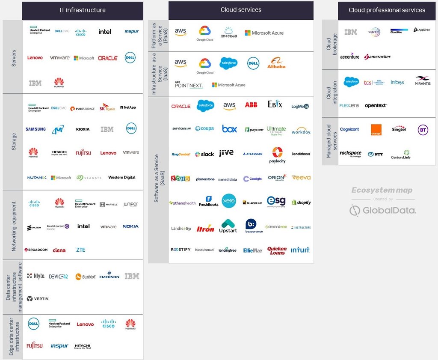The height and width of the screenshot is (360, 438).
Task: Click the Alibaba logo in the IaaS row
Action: pyautogui.click(x=276, y=63)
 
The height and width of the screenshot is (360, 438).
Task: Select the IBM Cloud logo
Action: pyautogui.click(x=229, y=33)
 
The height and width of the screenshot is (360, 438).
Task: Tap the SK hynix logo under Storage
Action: pyautogui.click(x=107, y=108)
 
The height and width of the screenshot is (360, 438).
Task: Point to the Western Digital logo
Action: pyautogui.click(x=122, y=177)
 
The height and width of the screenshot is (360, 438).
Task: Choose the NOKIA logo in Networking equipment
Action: pyautogui.click(x=130, y=226)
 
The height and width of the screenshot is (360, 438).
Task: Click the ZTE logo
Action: pyautogui.click(x=81, y=250)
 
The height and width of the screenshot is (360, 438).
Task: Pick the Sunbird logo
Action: pyautogui.click(x=86, y=277)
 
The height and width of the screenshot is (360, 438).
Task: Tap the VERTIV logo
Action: pyautogui.click(x=38, y=299)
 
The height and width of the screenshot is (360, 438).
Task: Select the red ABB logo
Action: pyautogui.click(x=251, y=104)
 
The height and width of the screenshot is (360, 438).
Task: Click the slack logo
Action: pyautogui.click(x=204, y=154)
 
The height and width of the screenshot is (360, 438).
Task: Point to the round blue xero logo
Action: pyautogui.click(x=229, y=201)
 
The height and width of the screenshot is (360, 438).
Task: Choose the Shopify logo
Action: pyautogui.click(x=301, y=202)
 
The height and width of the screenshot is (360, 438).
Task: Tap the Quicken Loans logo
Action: pyautogui.click(x=277, y=250)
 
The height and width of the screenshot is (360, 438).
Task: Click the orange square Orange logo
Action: pyautogui.click(x=376, y=130)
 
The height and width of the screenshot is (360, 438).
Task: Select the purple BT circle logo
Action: pyautogui.click(x=423, y=130)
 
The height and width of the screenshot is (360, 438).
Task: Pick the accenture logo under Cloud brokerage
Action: pyautogui.click(x=349, y=57)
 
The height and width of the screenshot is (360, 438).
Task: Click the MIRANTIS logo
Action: pyautogui.click(x=423, y=80)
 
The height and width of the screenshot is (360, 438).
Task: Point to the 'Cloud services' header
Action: pyautogui.click(x=241, y=9)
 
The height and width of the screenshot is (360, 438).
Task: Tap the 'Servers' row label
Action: pyautogui.click(x=13, y=57)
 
